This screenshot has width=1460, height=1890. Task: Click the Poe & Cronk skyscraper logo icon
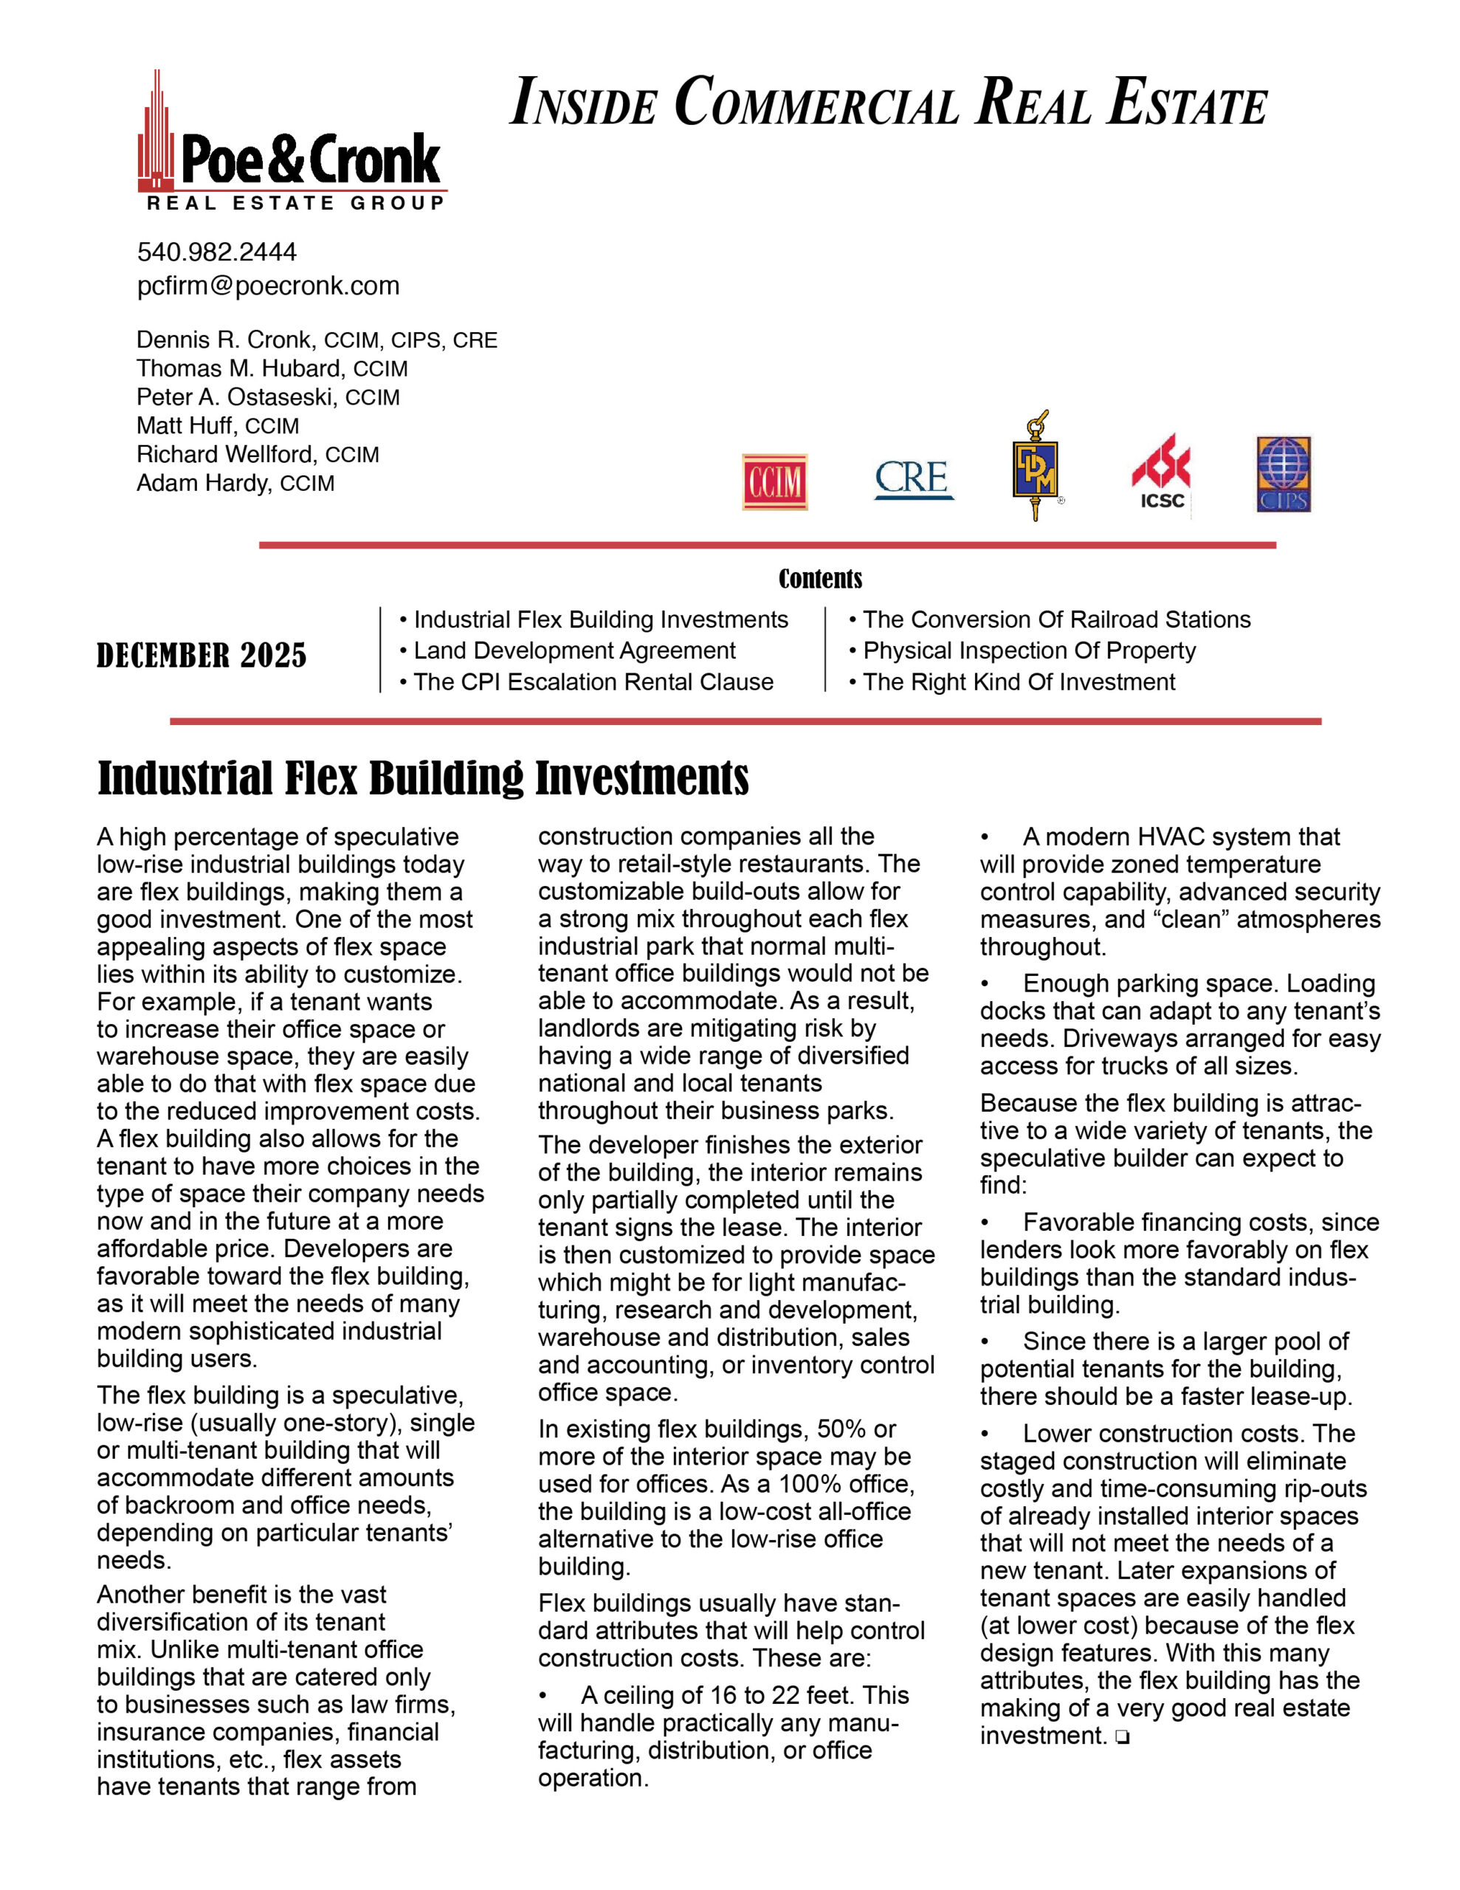tap(156, 134)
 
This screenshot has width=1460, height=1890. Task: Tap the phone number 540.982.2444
tap(216, 252)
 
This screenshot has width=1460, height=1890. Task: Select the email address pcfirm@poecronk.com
tap(268, 286)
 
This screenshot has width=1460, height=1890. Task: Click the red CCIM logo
tap(774, 481)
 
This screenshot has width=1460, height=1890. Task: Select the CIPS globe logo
tap(1284, 474)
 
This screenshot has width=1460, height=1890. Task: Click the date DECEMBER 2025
tap(202, 656)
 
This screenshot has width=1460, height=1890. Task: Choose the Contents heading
tap(821, 578)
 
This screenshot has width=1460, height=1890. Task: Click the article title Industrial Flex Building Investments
tap(423, 777)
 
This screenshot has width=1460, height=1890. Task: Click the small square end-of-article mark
tap(1122, 1737)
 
